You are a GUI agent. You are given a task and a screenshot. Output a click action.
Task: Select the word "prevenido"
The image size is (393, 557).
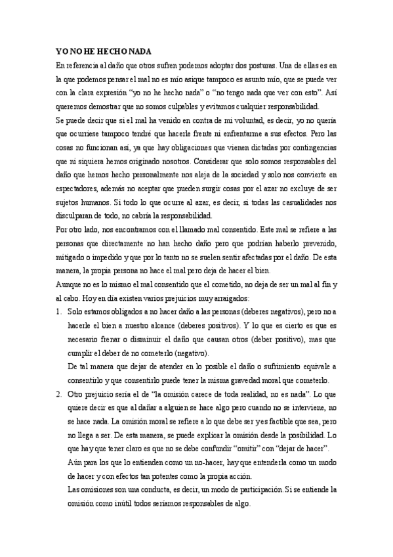tap(318, 243)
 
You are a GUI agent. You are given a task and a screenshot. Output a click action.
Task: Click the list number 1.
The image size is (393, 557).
tap(58, 311)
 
